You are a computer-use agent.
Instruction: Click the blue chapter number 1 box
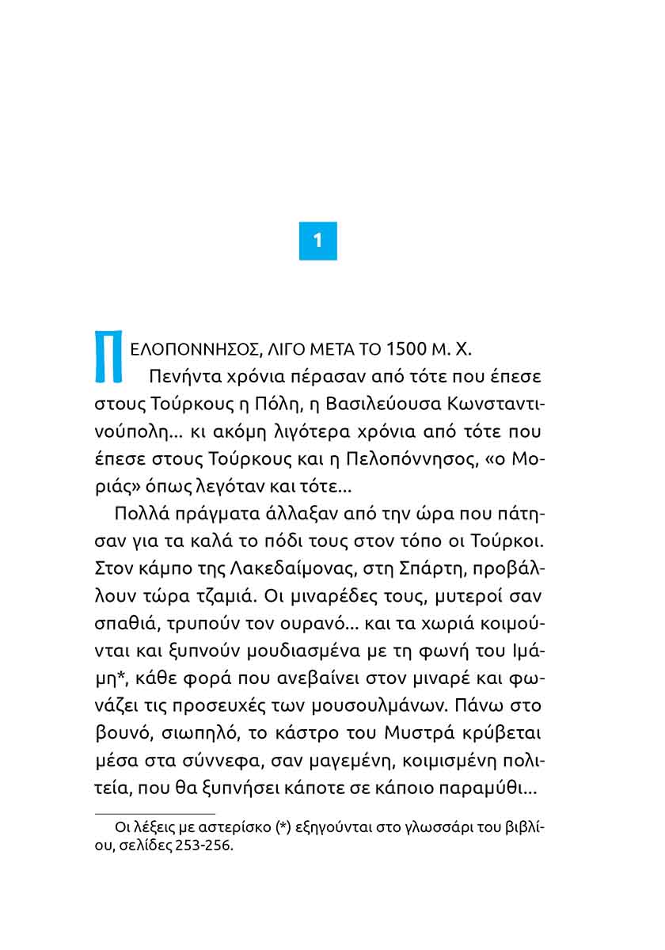318,241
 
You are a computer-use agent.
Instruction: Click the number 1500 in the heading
409,349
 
